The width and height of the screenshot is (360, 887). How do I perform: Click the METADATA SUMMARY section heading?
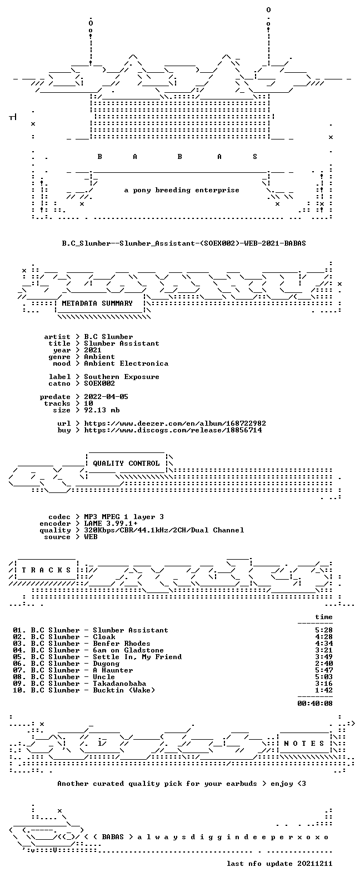tap(97, 303)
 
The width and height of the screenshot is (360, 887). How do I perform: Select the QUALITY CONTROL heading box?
tap(126, 464)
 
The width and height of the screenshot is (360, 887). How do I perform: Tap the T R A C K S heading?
tap(46, 570)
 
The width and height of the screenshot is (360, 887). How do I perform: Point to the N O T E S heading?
tap(304, 743)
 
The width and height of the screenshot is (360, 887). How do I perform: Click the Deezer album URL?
tap(175, 423)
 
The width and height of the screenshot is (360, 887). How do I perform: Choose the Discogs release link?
tap(173, 430)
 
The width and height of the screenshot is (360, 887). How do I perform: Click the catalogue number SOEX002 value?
tap(99, 383)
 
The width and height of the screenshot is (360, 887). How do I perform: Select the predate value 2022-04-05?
tap(106, 397)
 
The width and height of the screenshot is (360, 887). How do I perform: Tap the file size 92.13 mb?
tap(102, 410)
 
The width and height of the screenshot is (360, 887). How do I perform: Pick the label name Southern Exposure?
tap(122, 377)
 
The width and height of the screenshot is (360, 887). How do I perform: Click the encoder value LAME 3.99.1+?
tap(111, 524)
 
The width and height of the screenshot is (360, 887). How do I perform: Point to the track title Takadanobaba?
tap(119, 684)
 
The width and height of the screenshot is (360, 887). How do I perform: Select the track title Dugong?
tap(106, 664)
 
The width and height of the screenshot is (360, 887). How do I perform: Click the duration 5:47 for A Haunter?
tap(324, 670)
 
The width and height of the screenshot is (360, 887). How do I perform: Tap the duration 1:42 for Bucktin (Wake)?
tap(324, 690)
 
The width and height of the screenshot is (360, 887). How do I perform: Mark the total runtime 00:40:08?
tap(315, 704)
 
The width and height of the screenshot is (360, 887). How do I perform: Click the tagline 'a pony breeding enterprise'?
tap(182, 190)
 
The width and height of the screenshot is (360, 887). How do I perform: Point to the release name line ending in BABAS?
tap(184, 243)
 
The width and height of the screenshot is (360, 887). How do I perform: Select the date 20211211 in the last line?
tap(315, 864)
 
